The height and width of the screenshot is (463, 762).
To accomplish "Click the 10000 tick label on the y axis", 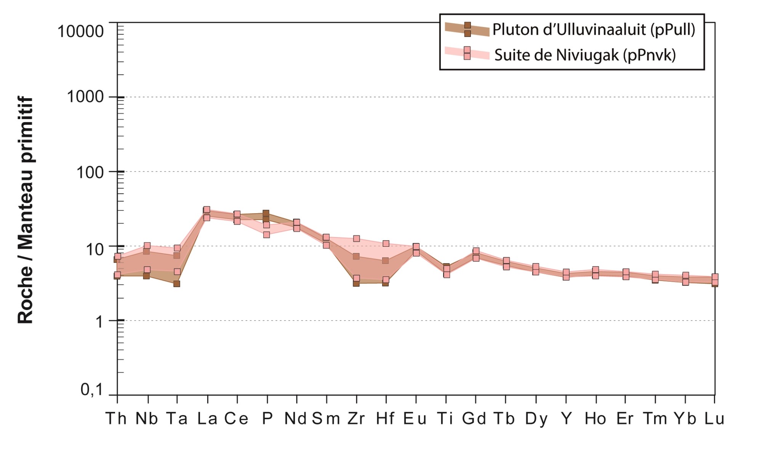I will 80,31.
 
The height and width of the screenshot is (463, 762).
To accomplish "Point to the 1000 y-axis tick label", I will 85,97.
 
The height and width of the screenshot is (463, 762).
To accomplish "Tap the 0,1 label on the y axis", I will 92,390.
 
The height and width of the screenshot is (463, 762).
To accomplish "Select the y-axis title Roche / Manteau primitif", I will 26,210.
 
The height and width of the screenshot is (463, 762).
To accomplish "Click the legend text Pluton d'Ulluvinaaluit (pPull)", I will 594,29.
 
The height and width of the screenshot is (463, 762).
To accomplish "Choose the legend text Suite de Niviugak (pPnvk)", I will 585,55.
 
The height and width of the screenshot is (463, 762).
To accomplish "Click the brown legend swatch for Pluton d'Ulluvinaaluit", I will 467,29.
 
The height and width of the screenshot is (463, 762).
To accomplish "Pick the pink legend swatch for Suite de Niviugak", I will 467,53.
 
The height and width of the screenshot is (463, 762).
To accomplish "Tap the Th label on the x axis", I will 116,418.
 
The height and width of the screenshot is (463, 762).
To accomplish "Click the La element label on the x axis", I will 207,418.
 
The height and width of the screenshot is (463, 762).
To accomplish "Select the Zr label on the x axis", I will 356,418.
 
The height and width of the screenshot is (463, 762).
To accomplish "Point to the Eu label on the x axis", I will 415,418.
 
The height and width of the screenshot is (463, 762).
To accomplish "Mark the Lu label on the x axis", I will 714,418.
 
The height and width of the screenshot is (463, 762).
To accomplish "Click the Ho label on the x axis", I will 596,418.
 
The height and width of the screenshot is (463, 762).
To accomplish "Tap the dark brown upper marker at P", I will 266,213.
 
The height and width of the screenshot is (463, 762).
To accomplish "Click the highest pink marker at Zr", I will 356,239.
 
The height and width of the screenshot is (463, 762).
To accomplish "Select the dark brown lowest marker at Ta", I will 177,284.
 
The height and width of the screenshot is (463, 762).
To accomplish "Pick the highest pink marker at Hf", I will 386,244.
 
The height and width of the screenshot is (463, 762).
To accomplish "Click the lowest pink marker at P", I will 266,235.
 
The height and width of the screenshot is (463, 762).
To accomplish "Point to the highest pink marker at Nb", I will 147,246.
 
